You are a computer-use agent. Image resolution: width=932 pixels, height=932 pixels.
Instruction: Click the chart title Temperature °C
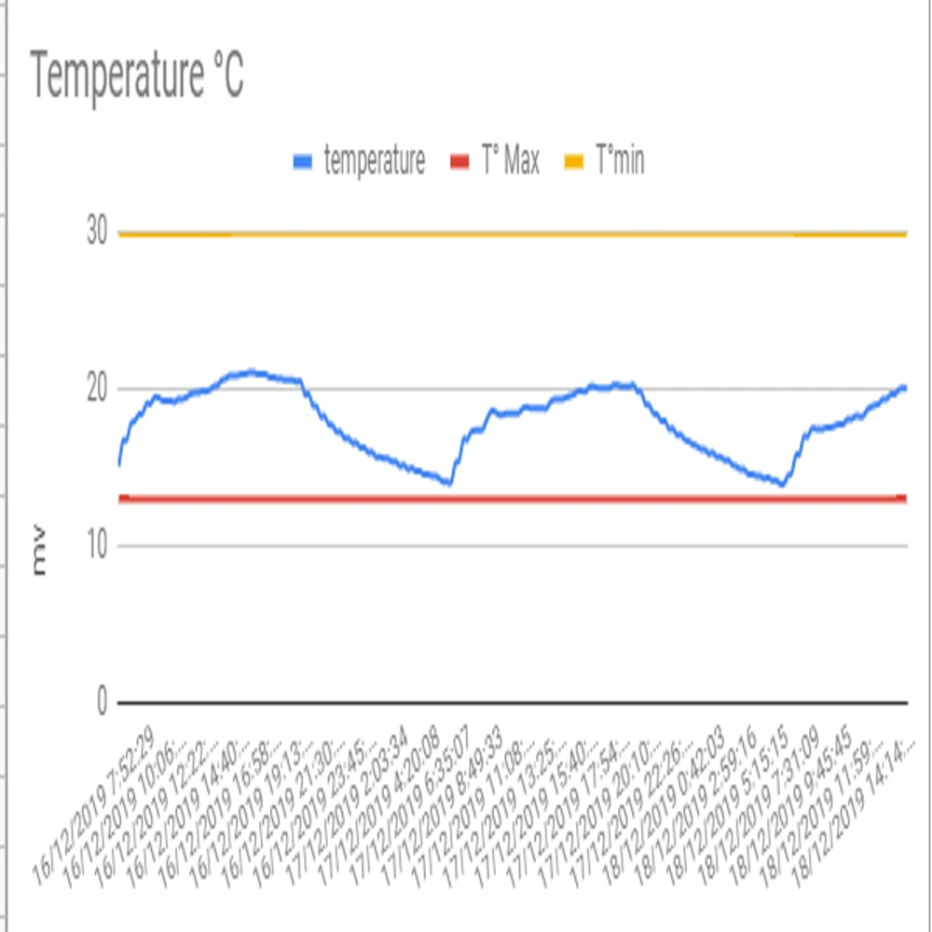coord(138,76)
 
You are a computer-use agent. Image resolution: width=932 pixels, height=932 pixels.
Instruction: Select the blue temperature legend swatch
coord(302,162)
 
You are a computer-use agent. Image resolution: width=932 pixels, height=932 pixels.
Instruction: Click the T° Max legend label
coord(509,162)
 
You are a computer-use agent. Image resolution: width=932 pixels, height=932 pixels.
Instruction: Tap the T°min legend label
coord(619,162)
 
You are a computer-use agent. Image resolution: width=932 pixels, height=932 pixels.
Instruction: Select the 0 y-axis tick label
coord(103,702)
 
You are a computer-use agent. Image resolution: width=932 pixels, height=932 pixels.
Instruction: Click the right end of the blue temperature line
coord(905,387)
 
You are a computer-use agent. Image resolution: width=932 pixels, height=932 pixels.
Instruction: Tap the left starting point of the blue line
coord(119,463)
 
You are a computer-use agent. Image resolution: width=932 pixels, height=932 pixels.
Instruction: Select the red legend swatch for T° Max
coord(459,162)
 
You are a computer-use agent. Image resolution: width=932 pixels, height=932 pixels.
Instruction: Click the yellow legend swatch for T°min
coord(573,162)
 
